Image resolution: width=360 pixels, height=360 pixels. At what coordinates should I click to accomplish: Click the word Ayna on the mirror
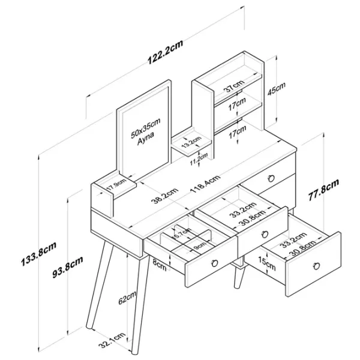pos(146,137)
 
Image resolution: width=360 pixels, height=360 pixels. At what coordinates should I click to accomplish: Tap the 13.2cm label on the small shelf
pos(191,142)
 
